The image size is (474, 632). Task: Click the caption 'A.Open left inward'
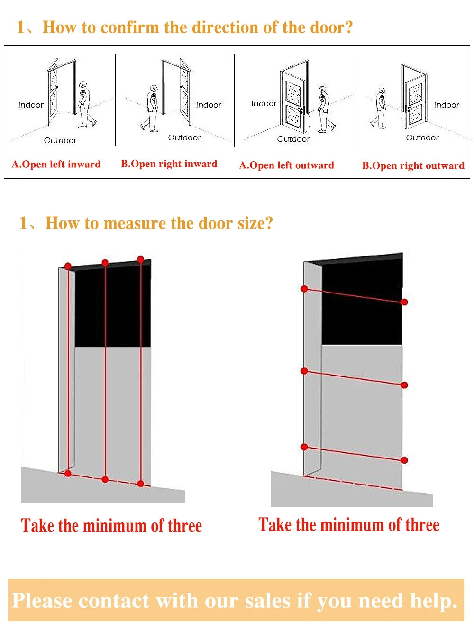coord(56,165)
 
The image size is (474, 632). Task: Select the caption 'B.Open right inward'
coord(169,164)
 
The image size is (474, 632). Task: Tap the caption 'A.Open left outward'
coord(286,165)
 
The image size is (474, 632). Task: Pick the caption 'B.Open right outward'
coord(413,166)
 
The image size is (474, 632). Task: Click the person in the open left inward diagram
coord(85,104)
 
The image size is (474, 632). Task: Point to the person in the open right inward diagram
coord(152,108)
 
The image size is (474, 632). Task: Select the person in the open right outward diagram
coord(380,108)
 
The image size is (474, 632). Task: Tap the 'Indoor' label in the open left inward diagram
coord(31,105)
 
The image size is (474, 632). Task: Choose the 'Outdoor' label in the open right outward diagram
coord(422,138)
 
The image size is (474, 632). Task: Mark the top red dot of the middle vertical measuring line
coord(105,263)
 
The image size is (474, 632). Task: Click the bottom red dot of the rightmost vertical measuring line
coord(140,484)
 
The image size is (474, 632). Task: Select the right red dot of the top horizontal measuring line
coord(404,302)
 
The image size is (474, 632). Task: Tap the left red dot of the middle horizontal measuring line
coord(304,371)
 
